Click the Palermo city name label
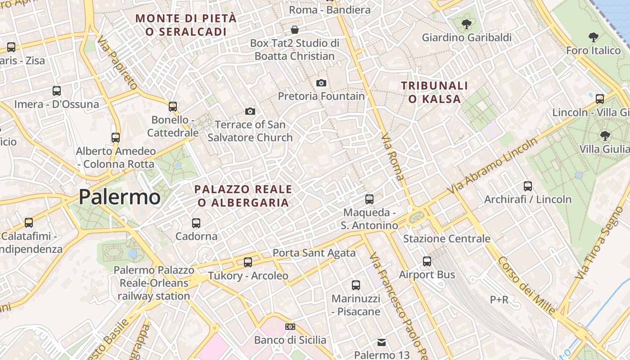[119, 197]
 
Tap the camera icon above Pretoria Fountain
[321, 83]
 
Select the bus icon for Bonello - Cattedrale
[173, 107]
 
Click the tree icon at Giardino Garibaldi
[466, 24]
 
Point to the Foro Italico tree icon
[594, 37]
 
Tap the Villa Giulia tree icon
[605, 135]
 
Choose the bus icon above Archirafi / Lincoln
[528, 186]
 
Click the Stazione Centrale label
[446, 238]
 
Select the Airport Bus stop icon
[427, 261]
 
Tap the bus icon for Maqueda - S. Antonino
[369, 199]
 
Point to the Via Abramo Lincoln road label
[493, 167]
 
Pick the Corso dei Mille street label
[526, 285]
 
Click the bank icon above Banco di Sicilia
[290, 327]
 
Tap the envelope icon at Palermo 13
[382, 342]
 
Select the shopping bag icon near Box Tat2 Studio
[295, 30]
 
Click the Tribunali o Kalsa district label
[435, 92]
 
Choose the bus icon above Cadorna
[196, 223]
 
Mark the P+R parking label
[499, 299]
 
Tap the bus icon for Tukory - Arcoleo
[248, 262]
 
